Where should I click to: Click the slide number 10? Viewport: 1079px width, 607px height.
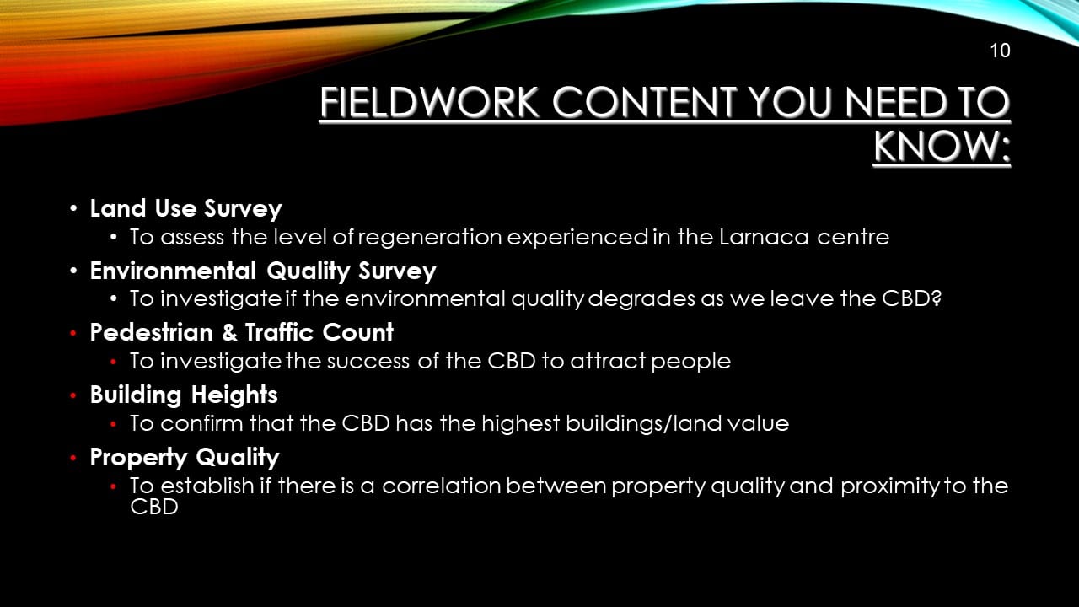coord(1000,51)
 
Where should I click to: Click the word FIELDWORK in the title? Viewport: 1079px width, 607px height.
coord(430,102)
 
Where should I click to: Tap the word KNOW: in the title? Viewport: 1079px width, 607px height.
coord(942,146)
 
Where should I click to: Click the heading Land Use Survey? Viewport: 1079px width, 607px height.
coord(185,209)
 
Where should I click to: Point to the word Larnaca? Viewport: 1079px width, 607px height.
coord(764,237)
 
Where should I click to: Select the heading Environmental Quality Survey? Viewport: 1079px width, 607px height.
coord(263,271)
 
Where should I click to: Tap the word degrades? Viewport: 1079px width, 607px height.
coord(642,299)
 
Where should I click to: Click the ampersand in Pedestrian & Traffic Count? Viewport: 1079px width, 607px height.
coord(229,332)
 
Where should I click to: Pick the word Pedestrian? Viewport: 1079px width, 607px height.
coord(151,332)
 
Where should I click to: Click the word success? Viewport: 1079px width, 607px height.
coord(368,362)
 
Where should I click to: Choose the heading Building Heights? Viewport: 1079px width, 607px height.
coord(184,395)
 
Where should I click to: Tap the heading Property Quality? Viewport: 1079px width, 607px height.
coord(185,458)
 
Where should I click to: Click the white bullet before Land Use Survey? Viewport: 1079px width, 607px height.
coord(73,209)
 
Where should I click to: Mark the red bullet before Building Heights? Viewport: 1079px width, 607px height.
coord(73,395)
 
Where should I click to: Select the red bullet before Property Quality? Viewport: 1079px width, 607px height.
coord(73,458)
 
